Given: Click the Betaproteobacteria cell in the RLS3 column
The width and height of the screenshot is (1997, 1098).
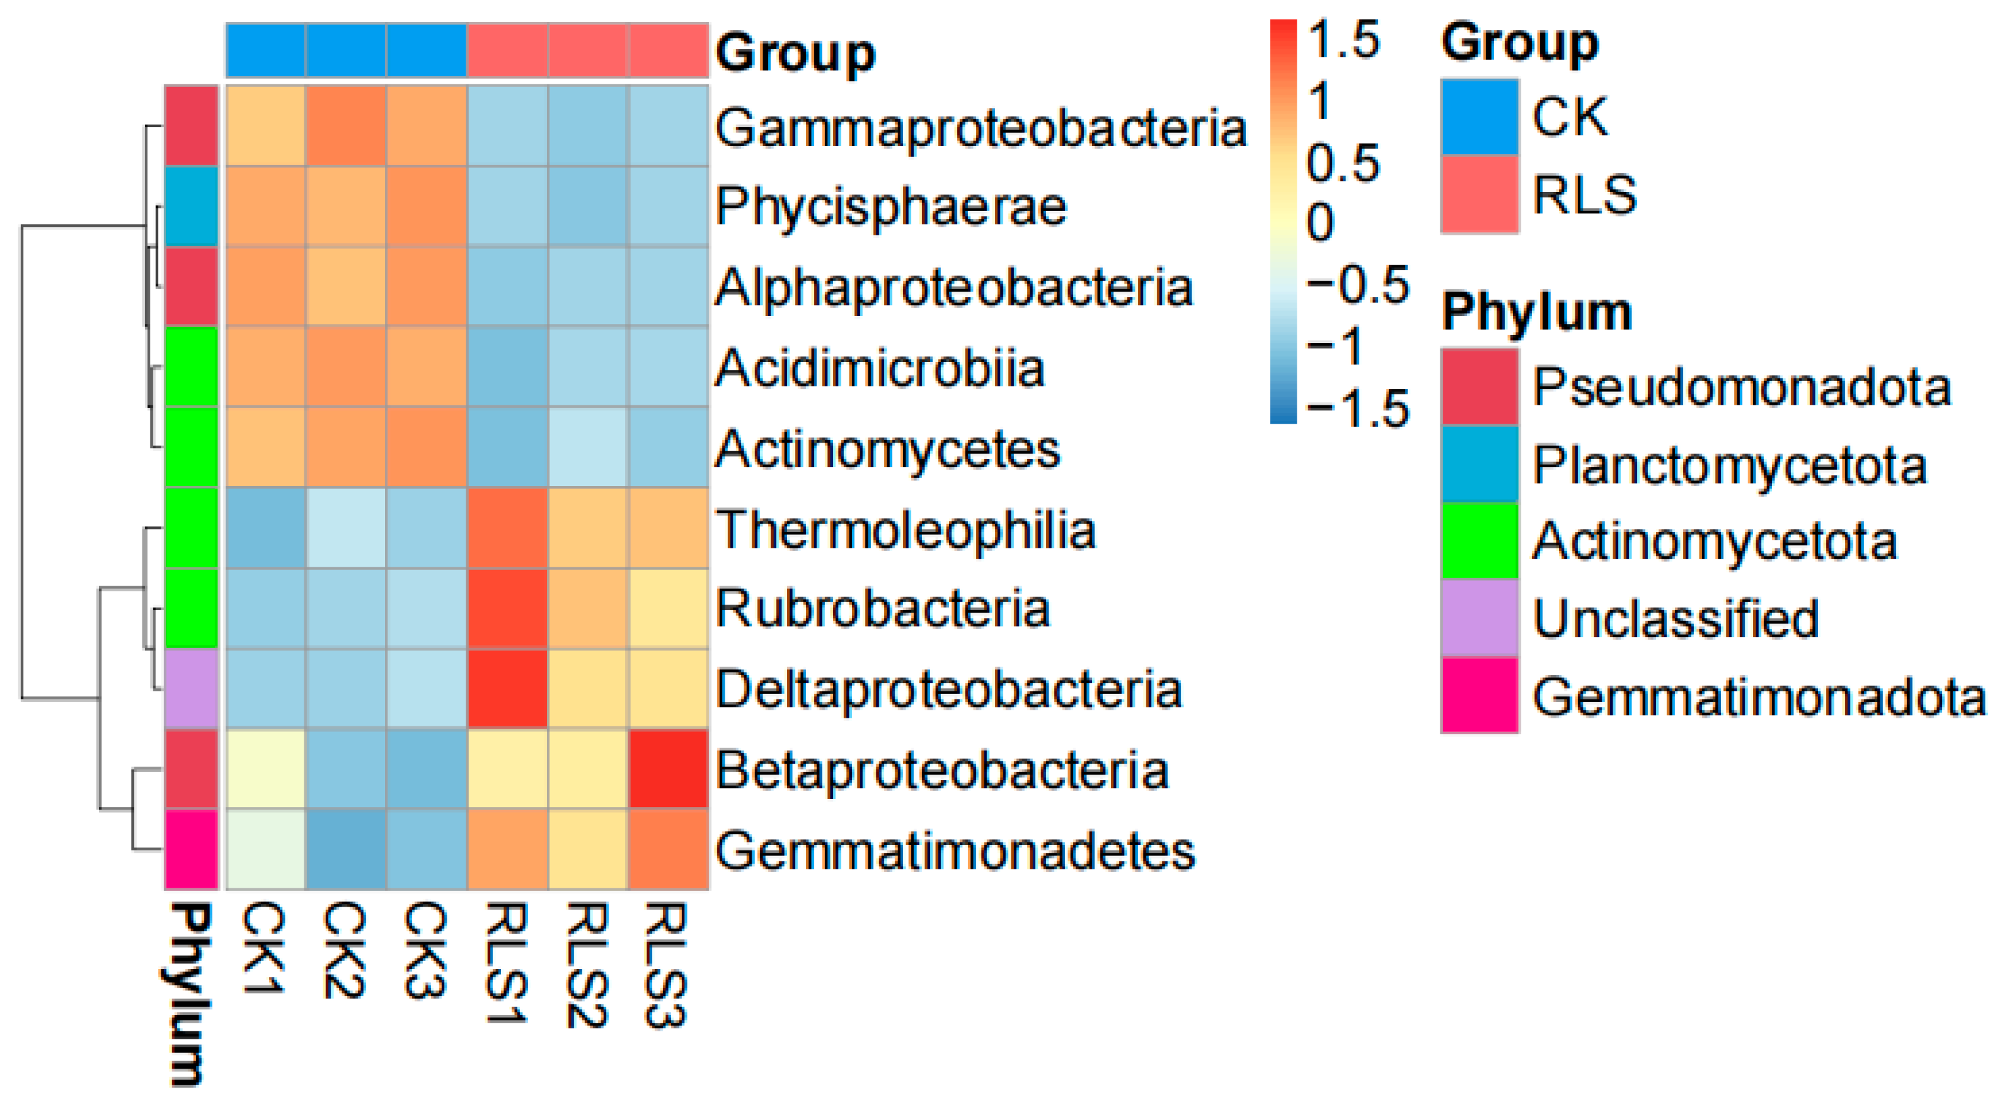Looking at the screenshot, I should [x=669, y=768].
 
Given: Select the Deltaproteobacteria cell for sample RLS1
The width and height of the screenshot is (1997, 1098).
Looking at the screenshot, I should [x=508, y=688].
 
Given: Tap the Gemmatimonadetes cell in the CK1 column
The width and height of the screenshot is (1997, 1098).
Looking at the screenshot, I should [x=266, y=849].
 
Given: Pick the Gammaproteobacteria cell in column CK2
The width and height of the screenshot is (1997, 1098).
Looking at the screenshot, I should [x=346, y=125].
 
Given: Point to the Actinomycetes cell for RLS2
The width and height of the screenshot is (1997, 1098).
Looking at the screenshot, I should [x=588, y=447].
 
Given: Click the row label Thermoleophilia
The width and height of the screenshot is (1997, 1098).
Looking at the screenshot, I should [x=904, y=531].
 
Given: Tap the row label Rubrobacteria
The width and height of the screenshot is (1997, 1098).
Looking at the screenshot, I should [x=882, y=609].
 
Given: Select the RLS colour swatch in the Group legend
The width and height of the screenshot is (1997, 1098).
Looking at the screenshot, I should [x=1479, y=194].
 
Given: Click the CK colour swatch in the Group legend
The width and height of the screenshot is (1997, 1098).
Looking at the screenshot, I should [x=1479, y=116].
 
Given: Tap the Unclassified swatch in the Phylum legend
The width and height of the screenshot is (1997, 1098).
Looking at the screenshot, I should [x=1479, y=618].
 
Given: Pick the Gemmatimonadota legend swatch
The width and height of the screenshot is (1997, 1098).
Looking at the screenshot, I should [x=1479, y=695].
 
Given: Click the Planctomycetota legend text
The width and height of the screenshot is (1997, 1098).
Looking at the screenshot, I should [x=1729, y=466].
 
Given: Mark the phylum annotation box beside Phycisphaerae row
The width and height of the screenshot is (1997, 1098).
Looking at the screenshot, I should [x=191, y=206].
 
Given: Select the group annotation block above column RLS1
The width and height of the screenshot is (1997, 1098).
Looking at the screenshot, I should [x=508, y=50].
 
